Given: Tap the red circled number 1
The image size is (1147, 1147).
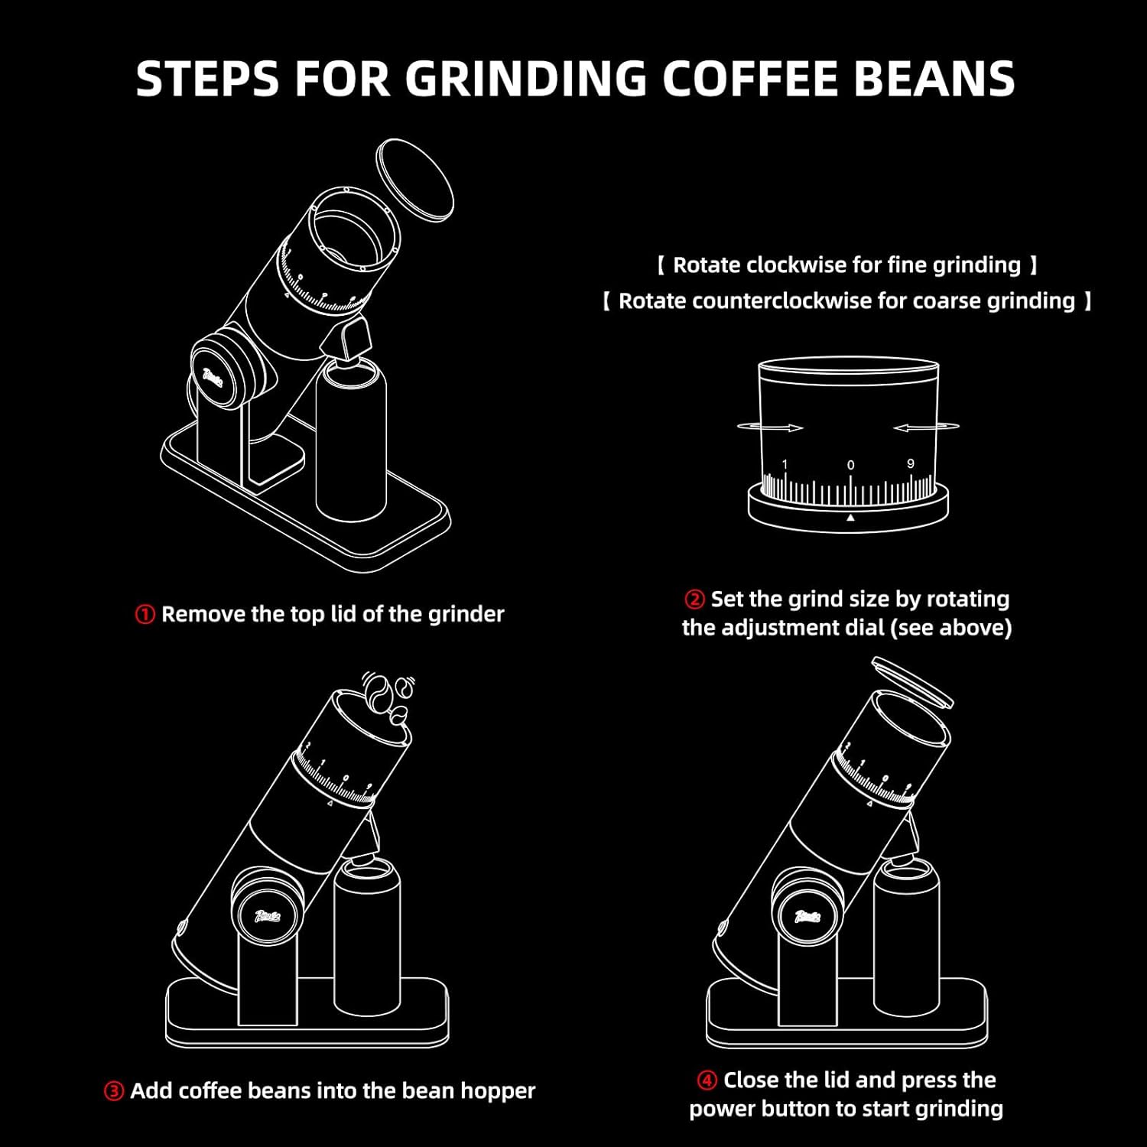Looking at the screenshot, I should (145, 615).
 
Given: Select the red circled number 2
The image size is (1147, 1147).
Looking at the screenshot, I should (694, 599).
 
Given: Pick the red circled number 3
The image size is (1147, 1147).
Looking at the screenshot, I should (113, 1091).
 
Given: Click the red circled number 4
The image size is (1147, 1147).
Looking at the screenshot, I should (707, 1080).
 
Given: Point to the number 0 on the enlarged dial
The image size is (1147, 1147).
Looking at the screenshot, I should (850, 465).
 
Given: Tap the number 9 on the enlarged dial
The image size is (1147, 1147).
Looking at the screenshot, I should (910, 464).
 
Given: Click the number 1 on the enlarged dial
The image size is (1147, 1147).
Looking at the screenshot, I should (785, 464).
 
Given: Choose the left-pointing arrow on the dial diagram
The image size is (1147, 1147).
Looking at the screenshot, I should (925, 427).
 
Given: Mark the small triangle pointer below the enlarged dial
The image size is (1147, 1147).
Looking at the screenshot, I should (850, 518).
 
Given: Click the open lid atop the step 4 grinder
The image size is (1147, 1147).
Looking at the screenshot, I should (912, 680).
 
